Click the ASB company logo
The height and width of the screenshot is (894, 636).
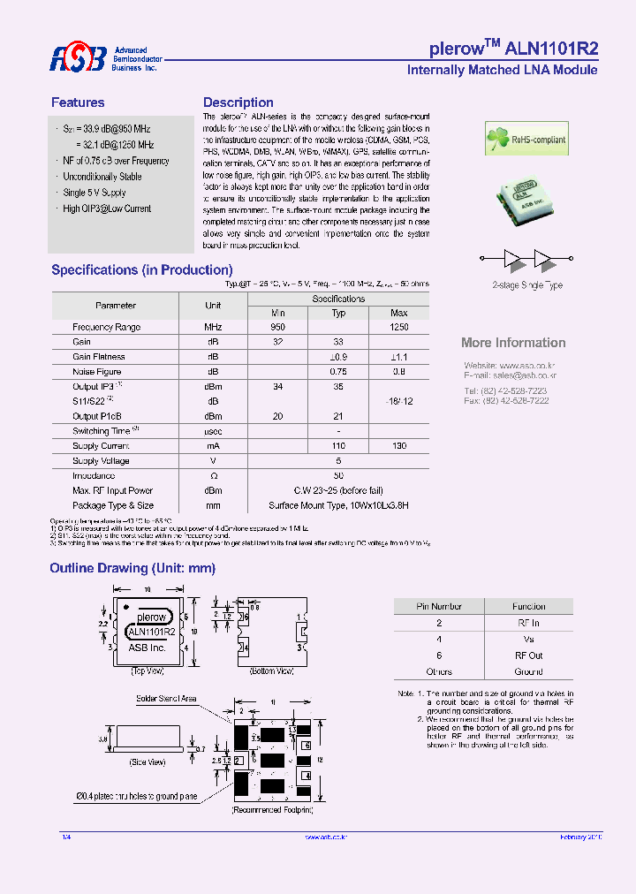click(77, 58)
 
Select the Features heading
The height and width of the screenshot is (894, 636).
click(78, 102)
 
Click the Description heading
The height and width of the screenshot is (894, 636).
click(238, 102)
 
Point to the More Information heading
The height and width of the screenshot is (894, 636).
click(513, 343)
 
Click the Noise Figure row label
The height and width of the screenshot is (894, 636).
click(97, 372)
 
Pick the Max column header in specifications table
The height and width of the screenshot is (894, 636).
click(399, 313)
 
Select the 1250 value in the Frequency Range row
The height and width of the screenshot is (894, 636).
click(399, 327)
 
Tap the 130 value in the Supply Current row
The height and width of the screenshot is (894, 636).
click(399, 446)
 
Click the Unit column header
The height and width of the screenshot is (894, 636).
click(213, 306)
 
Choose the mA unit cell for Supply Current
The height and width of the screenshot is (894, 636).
click(213, 446)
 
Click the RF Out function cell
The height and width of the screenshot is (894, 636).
click(529, 655)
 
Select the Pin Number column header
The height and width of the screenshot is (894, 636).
click(439, 606)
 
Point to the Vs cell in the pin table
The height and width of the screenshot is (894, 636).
click(529, 639)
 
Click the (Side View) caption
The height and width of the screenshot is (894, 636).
click(148, 761)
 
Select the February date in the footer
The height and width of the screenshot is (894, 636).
click(579, 837)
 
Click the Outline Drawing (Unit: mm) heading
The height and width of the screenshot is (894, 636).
click(133, 568)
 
